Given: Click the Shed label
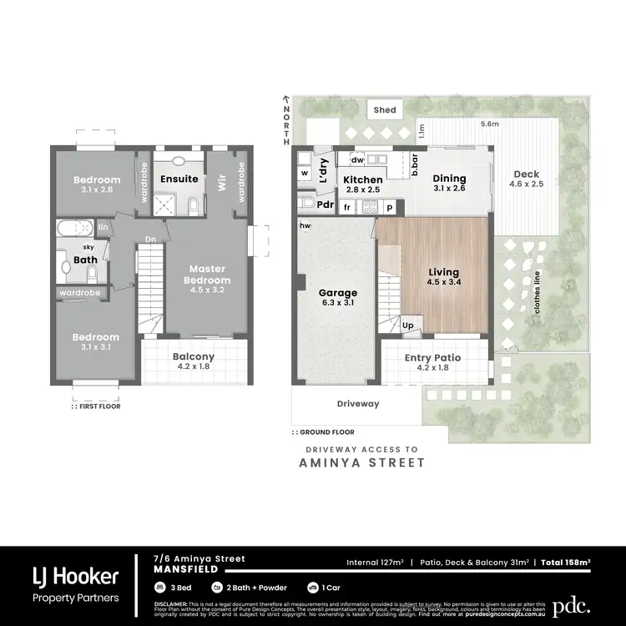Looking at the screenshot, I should (x=385, y=109).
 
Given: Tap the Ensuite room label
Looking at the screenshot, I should (x=179, y=179).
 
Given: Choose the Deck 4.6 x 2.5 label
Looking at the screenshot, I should (x=527, y=179).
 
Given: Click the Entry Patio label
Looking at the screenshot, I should (x=432, y=363).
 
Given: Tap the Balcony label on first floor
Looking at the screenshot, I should (x=194, y=362).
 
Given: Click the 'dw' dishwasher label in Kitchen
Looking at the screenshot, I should (x=356, y=159).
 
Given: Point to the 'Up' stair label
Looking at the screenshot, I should (x=408, y=325).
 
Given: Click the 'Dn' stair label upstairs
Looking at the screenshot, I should (x=151, y=240).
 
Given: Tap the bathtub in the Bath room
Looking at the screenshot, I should (x=74, y=227).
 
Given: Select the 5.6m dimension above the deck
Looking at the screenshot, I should (x=490, y=124).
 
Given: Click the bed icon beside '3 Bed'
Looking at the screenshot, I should (x=159, y=587).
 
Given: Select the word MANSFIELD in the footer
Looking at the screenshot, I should (x=186, y=569).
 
